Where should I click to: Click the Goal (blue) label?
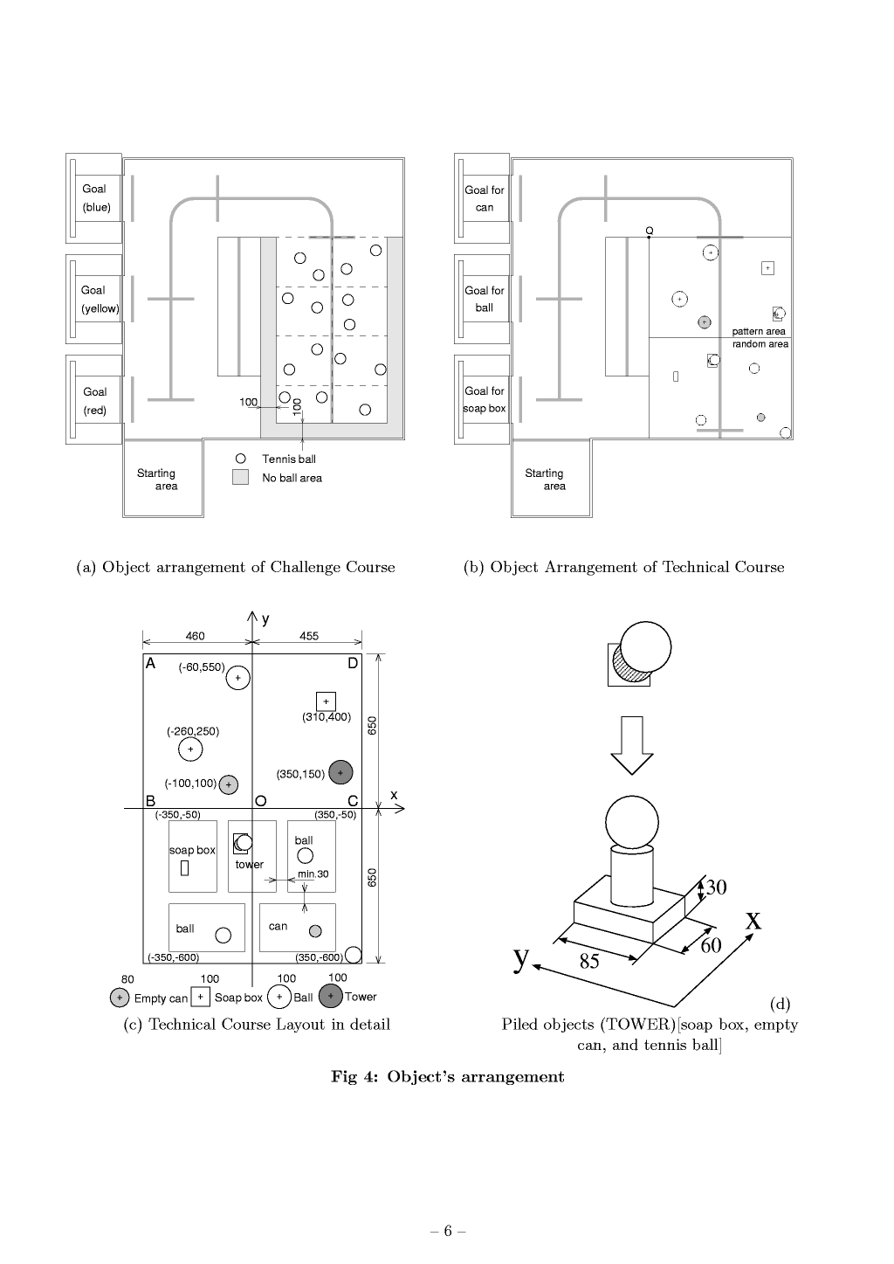click(x=96, y=197)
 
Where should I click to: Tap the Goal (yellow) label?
click(x=100, y=299)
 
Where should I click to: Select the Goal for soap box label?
click(x=485, y=399)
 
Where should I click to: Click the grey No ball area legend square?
click(x=240, y=477)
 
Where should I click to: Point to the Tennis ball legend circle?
click(x=240, y=459)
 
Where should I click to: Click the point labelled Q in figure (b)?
click(x=650, y=237)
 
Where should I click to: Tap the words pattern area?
click(x=759, y=331)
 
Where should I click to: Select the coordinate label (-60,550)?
click(x=202, y=667)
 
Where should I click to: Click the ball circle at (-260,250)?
click(x=190, y=749)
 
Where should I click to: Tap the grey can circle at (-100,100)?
click(x=229, y=784)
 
